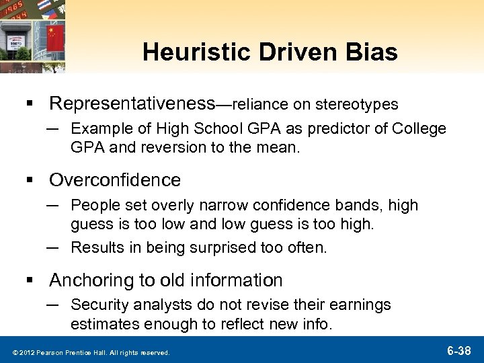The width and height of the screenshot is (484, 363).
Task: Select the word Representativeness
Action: point(131,104)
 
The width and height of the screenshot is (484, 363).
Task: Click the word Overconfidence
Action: point(115,179)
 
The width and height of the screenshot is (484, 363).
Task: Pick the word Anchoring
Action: point(93,278)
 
